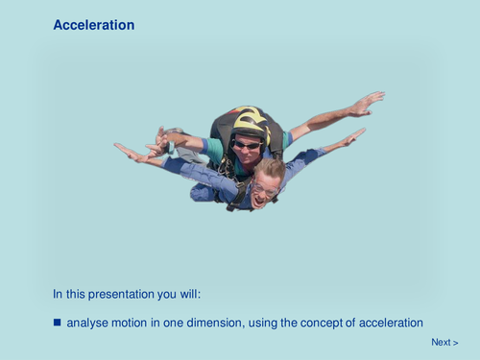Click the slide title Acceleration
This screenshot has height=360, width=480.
(x=93, y=25)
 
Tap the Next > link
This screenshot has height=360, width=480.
(x=444, y=343)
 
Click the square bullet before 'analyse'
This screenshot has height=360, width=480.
(x=58, y=323)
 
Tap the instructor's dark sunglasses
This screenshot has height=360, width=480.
(x=248, y=145)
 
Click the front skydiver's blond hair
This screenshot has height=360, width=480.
(x=270, y=169)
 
